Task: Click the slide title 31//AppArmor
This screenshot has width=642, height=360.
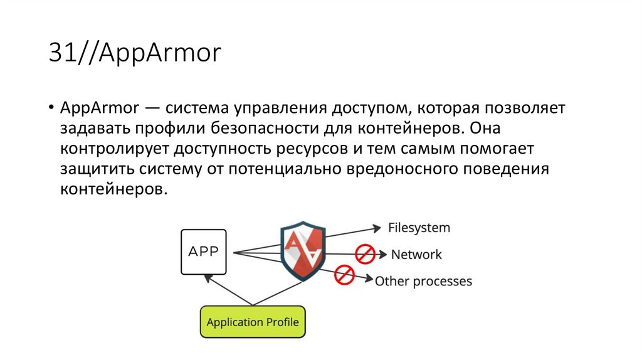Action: tap(135, 54)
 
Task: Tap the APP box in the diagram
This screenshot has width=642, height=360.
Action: tap(204, 252)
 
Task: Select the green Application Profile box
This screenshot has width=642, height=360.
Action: tap(253, 322)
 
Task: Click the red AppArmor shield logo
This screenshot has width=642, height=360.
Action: tap(302, 250)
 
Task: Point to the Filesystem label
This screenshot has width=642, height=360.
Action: tap(419, 227)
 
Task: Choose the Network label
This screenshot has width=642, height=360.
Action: tap(416, 255)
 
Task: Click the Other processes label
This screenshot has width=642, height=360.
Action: tap(423, 282)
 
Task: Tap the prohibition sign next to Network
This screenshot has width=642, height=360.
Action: tap(365, 254)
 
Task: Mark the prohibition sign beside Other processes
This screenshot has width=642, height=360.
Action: tap(344, 275)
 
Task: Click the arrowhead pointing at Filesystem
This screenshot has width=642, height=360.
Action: tap(377, 227)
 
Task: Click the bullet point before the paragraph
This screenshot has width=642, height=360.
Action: tap(50, 108)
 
